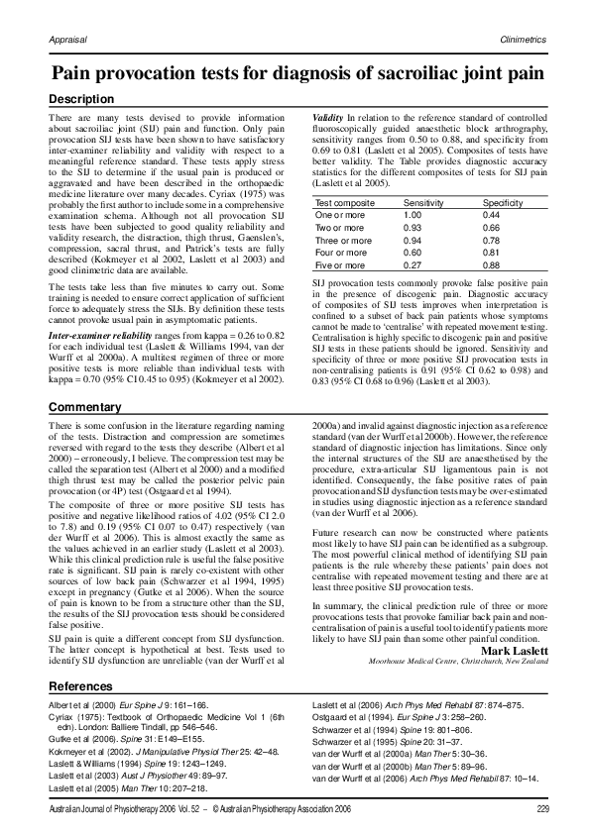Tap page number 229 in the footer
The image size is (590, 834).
coord(541,810)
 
